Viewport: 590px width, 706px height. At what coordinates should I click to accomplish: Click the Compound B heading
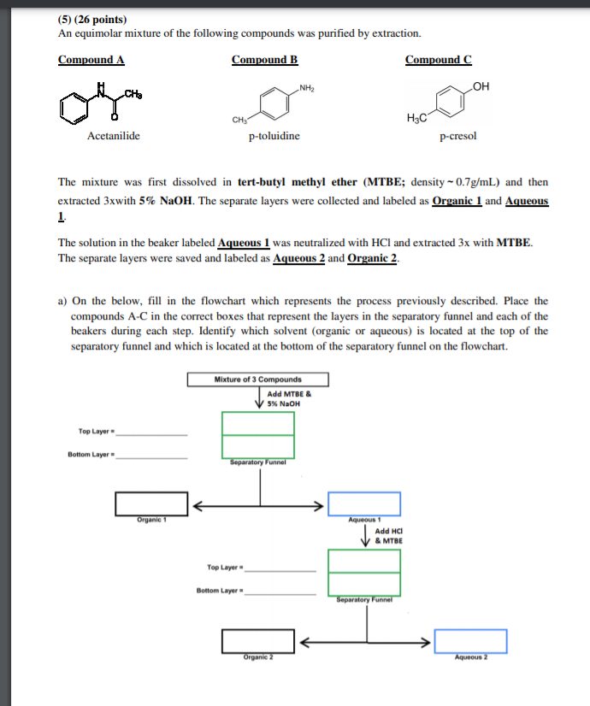[264, 60]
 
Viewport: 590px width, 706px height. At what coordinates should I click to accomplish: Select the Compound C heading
[438, 60]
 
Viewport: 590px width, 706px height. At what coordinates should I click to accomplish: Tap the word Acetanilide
[113, 136]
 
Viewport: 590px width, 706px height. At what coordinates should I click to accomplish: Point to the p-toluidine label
[274, 136]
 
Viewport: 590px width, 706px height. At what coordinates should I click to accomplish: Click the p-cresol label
[457, 136]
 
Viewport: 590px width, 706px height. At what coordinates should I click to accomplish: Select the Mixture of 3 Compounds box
[257, 379]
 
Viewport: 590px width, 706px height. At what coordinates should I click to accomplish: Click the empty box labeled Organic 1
[152, 504]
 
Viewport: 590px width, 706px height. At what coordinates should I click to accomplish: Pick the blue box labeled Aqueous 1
[364, 504]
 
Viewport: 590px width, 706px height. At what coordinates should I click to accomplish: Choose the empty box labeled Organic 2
[258, 640]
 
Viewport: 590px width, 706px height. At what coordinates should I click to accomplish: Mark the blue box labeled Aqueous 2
[470, 640]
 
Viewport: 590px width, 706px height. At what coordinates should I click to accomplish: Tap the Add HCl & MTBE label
[389, 536]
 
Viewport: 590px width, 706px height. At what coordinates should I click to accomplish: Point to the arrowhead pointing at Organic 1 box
[196, 505]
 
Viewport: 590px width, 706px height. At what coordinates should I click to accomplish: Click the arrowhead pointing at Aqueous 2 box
[428, 641]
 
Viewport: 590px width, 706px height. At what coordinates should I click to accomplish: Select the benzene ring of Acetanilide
[75, 106]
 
